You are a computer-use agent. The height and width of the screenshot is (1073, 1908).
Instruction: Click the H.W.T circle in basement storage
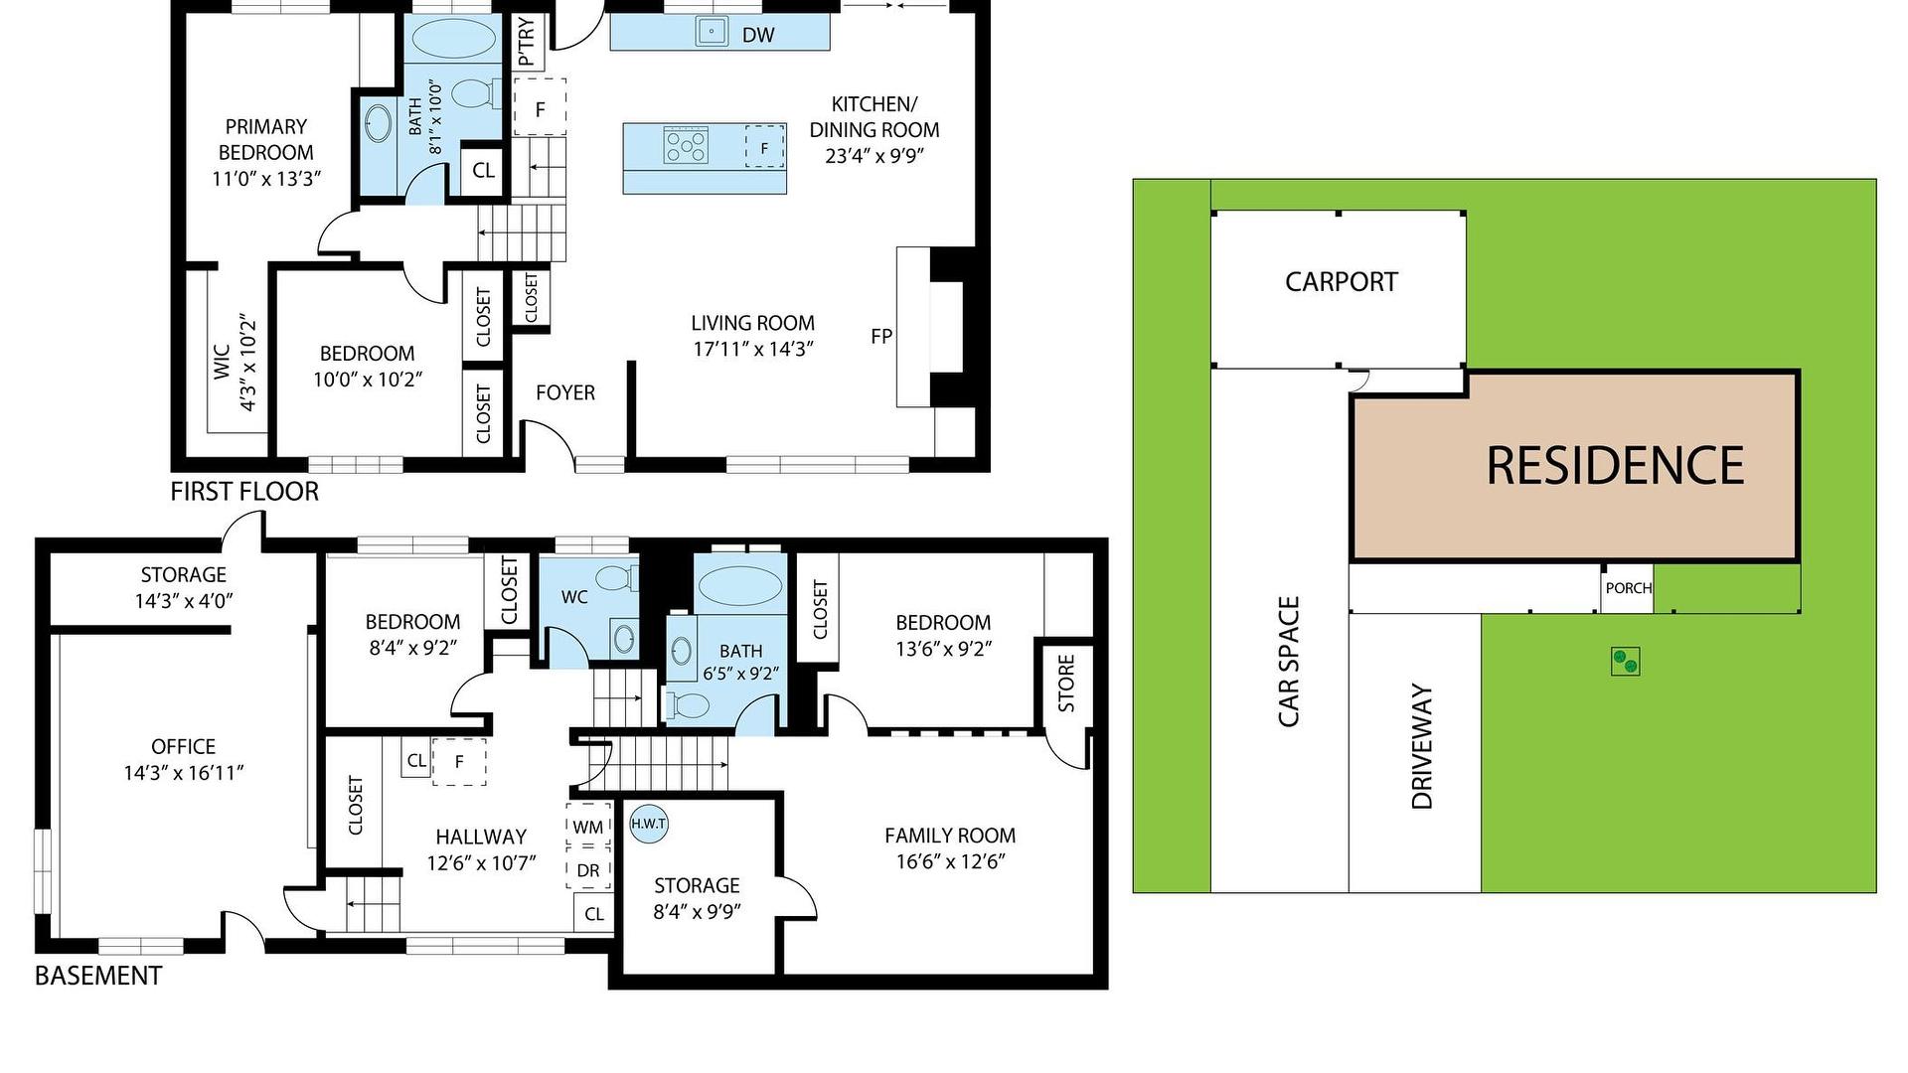coord(649,824)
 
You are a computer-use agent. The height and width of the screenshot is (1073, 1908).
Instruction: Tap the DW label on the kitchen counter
coord(758,36)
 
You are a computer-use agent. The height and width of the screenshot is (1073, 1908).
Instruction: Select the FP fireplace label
coord(881,337)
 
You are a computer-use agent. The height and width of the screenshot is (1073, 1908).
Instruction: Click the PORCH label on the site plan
coord(1628,588)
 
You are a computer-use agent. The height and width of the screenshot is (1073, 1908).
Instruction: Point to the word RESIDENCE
coord(1615,465)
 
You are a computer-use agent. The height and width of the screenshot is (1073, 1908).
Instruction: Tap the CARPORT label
coord(1341,282)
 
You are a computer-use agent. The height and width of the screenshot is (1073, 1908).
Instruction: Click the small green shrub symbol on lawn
coord(1625,661)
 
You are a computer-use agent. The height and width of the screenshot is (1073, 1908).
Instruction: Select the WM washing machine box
coord(588,826)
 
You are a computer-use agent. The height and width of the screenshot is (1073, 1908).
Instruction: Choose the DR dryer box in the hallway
coord(588,870)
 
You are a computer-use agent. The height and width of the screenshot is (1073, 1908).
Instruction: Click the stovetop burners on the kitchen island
coord(686,146)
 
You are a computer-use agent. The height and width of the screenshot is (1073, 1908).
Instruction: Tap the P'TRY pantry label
coord(527,42)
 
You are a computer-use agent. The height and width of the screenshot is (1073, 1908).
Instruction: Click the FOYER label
coord(565,392)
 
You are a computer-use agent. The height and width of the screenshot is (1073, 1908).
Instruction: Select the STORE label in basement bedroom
coord(1066,683)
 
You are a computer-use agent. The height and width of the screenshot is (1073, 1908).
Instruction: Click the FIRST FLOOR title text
coord(244,492)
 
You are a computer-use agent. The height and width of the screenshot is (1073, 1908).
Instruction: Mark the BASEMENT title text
coord(98,976)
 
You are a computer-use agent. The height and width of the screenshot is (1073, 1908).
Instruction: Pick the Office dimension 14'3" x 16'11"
coord(184,773)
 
